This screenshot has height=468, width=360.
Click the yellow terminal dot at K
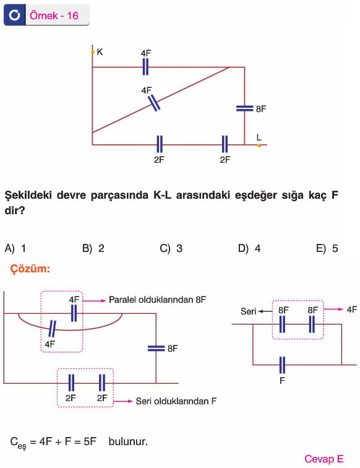[92, 52]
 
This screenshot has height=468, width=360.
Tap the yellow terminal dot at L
[259, 145]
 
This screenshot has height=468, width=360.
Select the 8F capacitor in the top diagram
[244, 108]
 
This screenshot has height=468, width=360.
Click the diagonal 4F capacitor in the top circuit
[155, 103]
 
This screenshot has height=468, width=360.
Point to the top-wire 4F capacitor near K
[145, 67]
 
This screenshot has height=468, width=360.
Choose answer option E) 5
[327, 248]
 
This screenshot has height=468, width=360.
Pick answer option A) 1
[15, 248]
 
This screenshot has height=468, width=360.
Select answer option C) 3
[171, 248]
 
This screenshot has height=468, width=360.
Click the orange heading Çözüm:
[30, 269]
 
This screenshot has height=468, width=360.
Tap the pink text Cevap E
[324, 459]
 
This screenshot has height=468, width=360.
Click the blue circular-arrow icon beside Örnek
[14, 15]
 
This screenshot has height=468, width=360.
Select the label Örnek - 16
[54, 15]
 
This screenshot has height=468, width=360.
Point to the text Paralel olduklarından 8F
[157, 300]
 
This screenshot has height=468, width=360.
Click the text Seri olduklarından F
[176, 401]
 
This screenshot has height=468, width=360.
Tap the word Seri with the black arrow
[249, 311]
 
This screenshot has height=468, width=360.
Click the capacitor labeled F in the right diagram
[282, 365]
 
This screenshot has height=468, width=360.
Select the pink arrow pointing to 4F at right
[333, 310]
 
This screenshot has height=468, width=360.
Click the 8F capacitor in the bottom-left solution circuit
[156, 349]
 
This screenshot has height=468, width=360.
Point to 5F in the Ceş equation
[90, 441]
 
